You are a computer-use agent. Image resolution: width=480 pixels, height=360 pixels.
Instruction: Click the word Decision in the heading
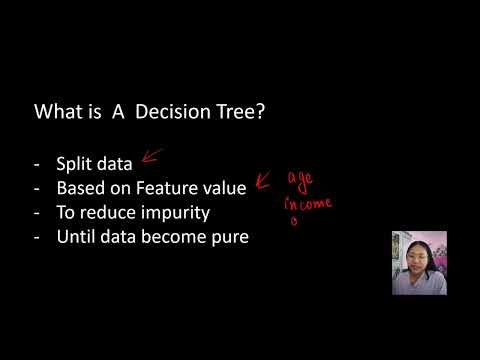[x=166, y=114]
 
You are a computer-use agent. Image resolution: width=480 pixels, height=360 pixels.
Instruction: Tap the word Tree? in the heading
[x=236, y=114]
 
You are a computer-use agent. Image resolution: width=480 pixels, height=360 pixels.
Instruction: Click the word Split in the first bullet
[x=73, y=164]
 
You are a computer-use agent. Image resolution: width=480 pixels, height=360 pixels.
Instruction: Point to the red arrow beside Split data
[x=151, y=156]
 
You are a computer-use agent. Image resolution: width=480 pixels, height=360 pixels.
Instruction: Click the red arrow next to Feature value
[x=265, y=180]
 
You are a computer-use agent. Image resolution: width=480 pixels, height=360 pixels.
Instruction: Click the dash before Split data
[x=37, y=164]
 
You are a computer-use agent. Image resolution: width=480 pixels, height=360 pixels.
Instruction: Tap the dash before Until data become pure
[x=37, y=238]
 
